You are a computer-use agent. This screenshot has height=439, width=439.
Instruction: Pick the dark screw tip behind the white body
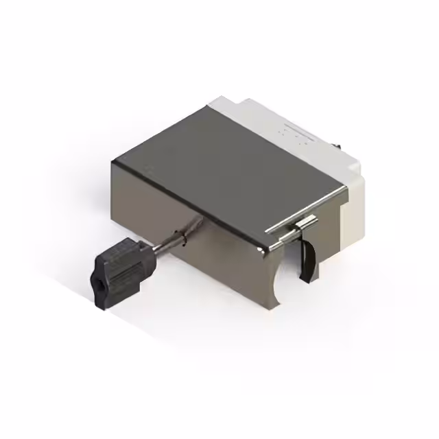click(x=339, y=145)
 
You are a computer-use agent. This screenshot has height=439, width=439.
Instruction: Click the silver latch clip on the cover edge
click(x=302, y=227)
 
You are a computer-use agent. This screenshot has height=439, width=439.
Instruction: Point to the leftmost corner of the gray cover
click(x=113, y=160)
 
